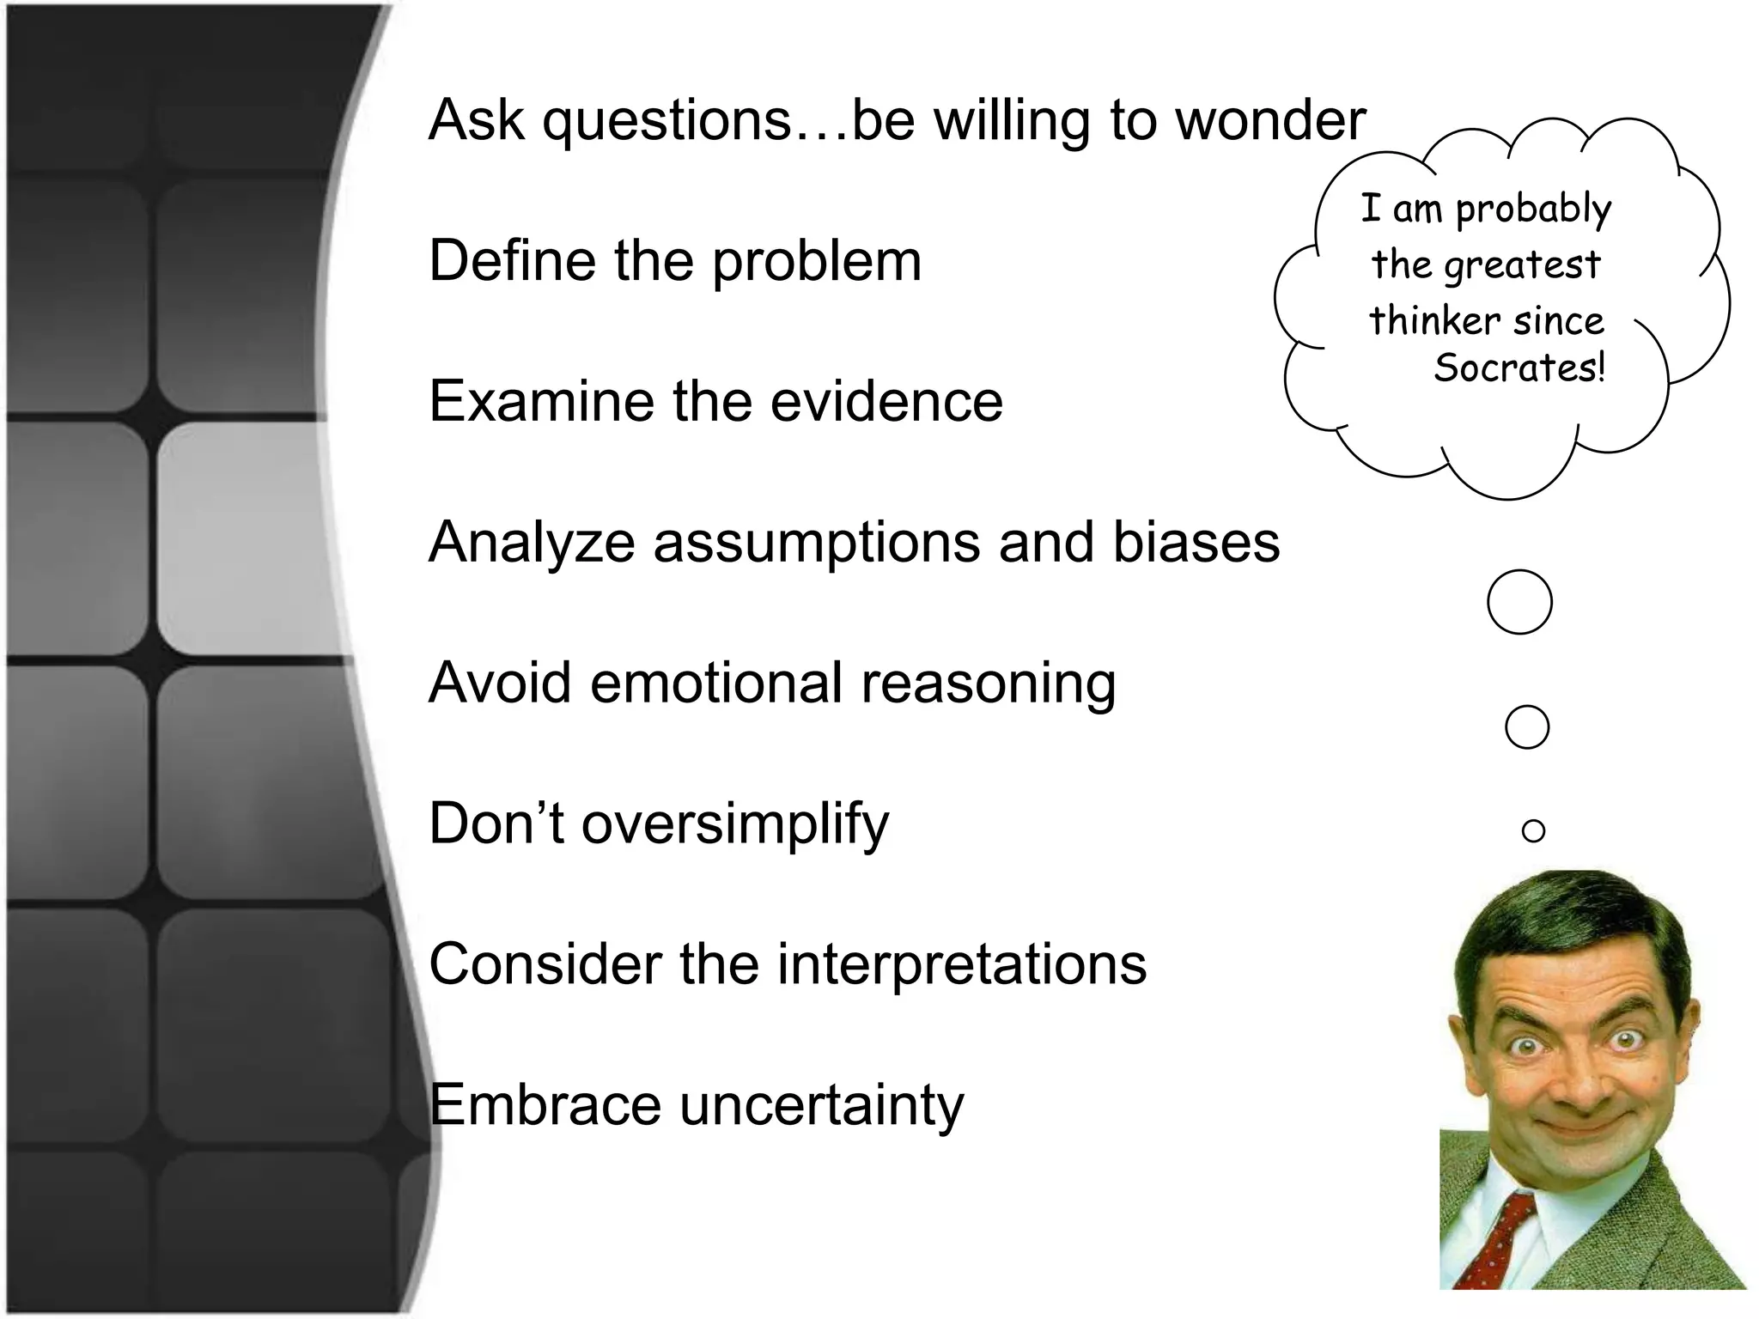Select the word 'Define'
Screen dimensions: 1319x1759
click(512, 261)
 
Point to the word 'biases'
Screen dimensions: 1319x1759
click(1196, 543)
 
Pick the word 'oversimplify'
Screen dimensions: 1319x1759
click(735, 825)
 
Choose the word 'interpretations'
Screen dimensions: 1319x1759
click(961, 964)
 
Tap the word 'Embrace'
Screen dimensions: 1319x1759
click(545, 1105)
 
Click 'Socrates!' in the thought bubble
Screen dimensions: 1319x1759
click(1519, 368)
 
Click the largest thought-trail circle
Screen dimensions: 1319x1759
click(1519, 602)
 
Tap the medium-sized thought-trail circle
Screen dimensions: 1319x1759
click(1526, 727)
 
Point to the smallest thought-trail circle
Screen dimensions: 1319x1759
click(1533, 830)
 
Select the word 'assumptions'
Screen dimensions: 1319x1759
click(816, 543)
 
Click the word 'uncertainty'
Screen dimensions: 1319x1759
click(822, 1105)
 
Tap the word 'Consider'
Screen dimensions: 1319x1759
click(545, 964)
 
